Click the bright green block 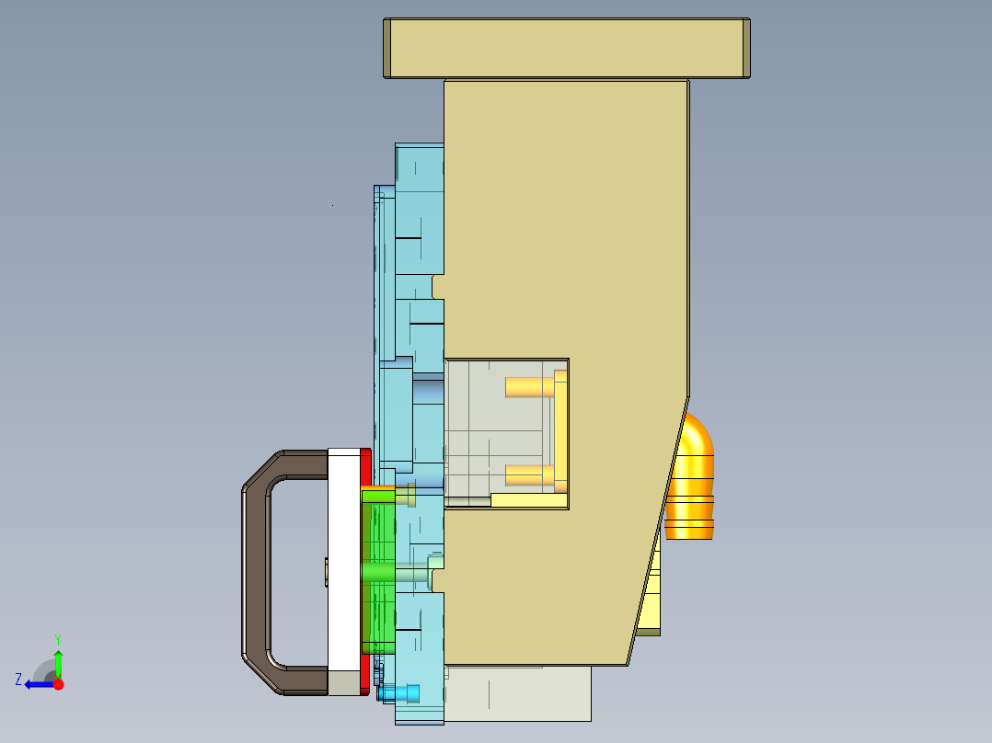click(378, 570)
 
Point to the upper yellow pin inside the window click(529, 387)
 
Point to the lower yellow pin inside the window click(529, 474)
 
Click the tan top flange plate click(566, 48)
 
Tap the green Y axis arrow click(58, 662)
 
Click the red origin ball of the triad click(58, 684)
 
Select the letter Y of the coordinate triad click(57, 638)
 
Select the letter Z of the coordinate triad click(18, 680)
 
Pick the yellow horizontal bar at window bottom click(529, 500)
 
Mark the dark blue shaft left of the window click(427, 391)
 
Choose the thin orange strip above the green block click(376, 487)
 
